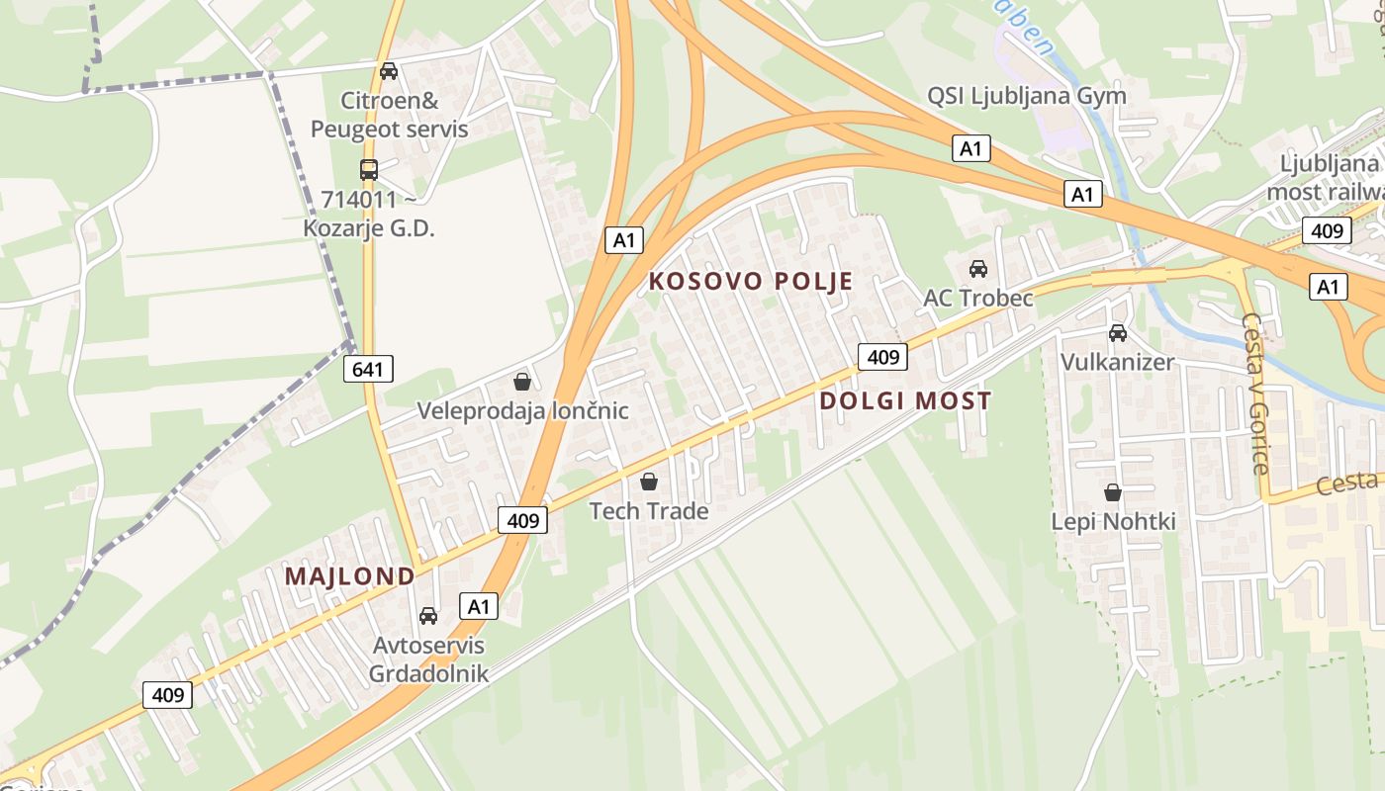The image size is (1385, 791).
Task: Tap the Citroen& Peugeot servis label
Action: pos(389,115)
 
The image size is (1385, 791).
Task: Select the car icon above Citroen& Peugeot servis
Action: pos(389,71)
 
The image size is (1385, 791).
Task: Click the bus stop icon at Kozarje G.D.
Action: pos(369,170)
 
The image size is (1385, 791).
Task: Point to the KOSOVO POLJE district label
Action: pos(751,282)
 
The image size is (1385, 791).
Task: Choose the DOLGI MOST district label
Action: pos(905,400)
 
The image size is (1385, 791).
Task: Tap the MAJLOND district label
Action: pos(350,576)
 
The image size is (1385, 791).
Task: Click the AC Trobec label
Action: pos(977,298)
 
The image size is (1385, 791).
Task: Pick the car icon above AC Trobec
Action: pos(978,268)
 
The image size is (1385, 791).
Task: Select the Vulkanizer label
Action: pos(1117,362)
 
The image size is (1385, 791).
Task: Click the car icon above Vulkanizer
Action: pos(1118,333)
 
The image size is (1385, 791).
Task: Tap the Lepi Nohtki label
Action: pos(1113,521)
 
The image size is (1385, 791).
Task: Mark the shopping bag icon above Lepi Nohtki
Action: pos(1113,491)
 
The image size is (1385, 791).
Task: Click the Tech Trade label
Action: pos(649,511)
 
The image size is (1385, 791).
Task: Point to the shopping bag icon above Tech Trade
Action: pos(649,482)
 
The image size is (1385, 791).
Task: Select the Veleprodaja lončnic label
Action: pos(522,410)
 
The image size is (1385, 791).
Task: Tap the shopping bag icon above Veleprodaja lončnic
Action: pos(522,382)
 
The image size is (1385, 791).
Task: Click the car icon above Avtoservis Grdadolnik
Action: pos(428,616)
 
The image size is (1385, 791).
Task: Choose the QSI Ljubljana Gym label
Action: pos(1026,96)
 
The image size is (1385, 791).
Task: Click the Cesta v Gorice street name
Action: pos(1254,394)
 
